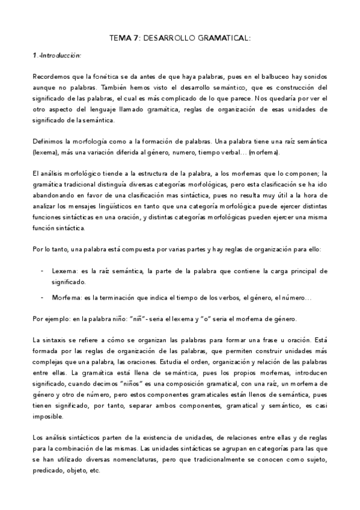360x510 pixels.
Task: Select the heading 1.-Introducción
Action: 56,55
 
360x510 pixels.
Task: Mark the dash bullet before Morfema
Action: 43,298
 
